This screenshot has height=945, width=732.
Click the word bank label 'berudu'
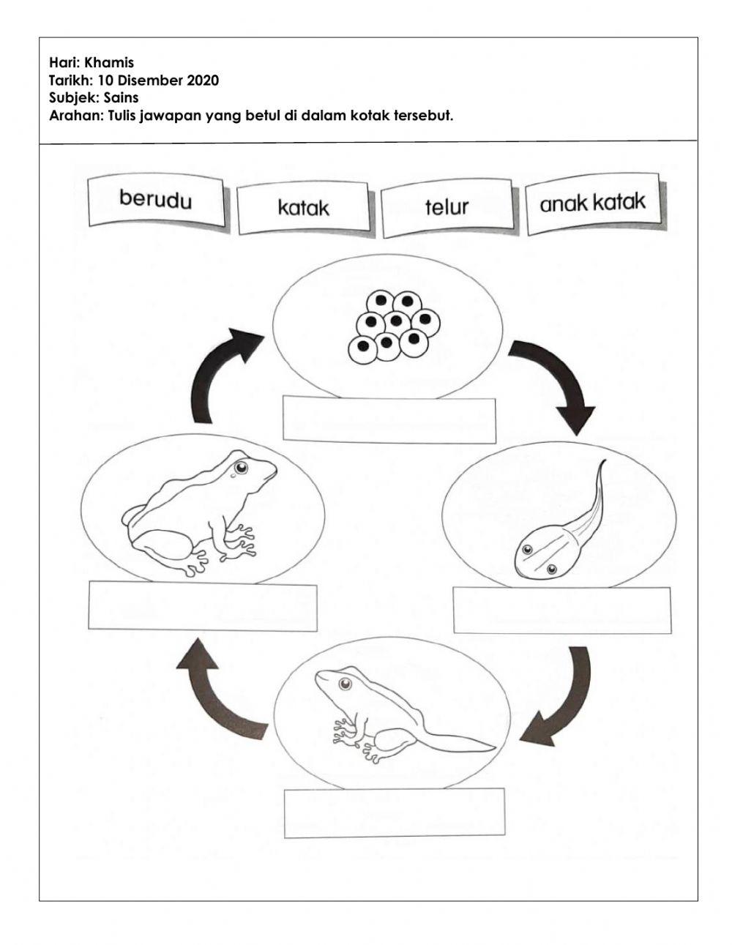click(x=154, y=200)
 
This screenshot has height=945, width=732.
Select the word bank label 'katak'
click(x=303, y=208)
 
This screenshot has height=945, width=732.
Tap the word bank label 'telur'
click(x=446, y=207)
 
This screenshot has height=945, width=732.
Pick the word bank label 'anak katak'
click(x=592, y=203)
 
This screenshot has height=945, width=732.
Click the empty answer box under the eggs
click(x=389, y=420)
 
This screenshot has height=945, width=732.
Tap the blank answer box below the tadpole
click(x=561, y=610)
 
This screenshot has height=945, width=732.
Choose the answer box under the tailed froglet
click(x=394, y=813)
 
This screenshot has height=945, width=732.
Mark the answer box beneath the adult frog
click(x=202, y=606)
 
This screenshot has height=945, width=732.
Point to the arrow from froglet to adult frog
click(x=220, y=695)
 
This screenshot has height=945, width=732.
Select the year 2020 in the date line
click(x=203, y=81)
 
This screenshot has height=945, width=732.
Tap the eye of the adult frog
click(x=239, y=466)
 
